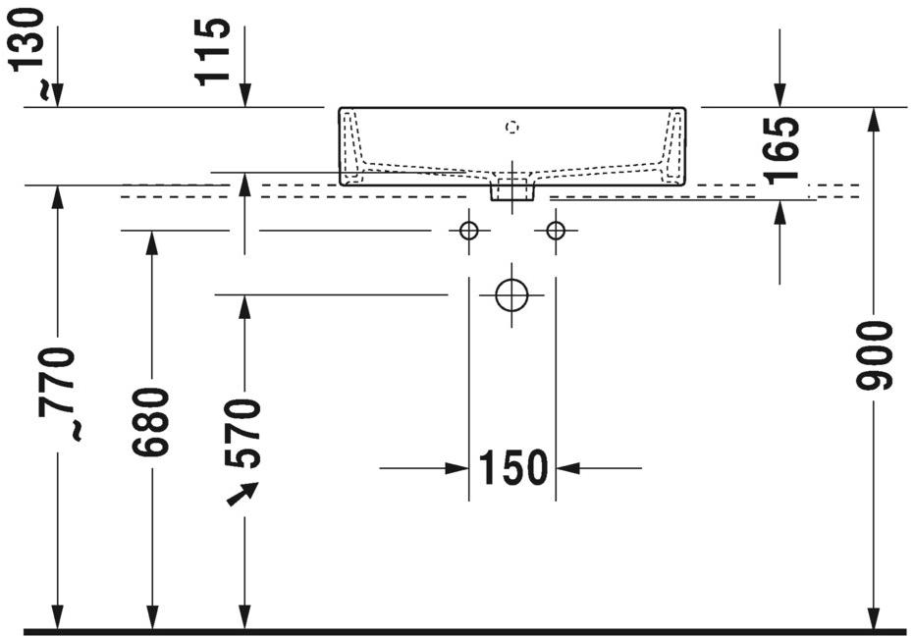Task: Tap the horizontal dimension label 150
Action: pyautogui.click(x=512, y=468)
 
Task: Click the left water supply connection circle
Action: pyautogui.click(x=469, y=231)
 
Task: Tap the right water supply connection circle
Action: pyautogui.click(x=556, y=231)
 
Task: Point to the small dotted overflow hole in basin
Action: pyautogui.click(x=510, y=126)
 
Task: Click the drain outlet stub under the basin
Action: pyautogui.click(x=511, y=188)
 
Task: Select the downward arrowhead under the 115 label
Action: pyautogui.click(x=244, y=95)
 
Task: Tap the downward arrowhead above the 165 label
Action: pyautogui.click(x=779, y=94)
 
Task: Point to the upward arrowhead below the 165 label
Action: pyautogui.click(x=779, y=212)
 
